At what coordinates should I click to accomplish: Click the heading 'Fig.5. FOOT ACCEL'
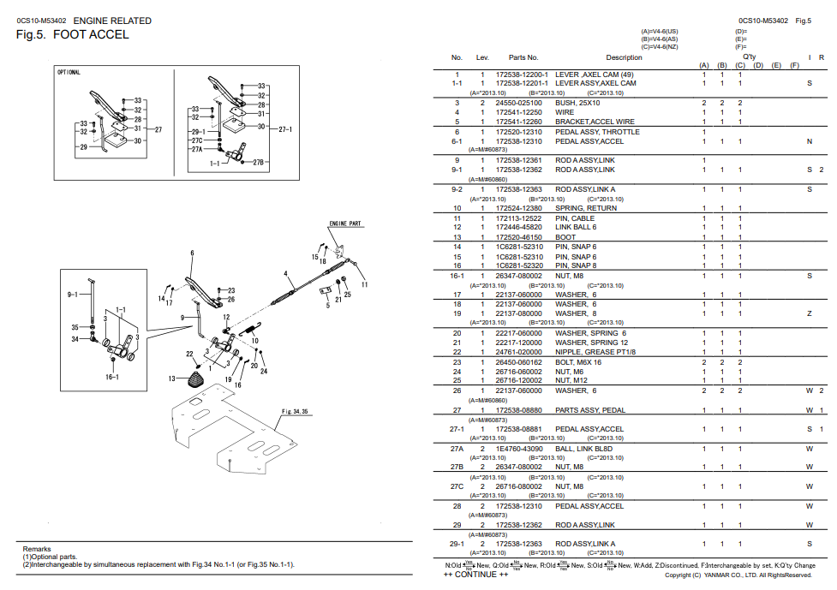73,35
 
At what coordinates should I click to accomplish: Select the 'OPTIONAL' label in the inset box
69,73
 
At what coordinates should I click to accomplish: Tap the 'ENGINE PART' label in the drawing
345,223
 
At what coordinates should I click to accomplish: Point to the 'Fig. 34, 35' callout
296,411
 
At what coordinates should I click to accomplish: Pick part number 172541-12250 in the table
518,112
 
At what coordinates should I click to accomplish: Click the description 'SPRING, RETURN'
586,208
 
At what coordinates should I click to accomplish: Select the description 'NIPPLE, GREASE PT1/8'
595,352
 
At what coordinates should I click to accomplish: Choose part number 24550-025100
518,103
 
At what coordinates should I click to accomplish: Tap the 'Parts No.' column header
523,57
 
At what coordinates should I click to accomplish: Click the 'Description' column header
624,57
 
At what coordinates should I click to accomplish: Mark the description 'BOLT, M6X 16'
578,362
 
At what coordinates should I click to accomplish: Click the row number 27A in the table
457,449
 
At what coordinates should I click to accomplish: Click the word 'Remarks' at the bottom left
37,549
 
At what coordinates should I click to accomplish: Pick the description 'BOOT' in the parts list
565,237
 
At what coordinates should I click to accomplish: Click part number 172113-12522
518,218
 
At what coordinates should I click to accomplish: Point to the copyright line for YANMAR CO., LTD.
737,575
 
